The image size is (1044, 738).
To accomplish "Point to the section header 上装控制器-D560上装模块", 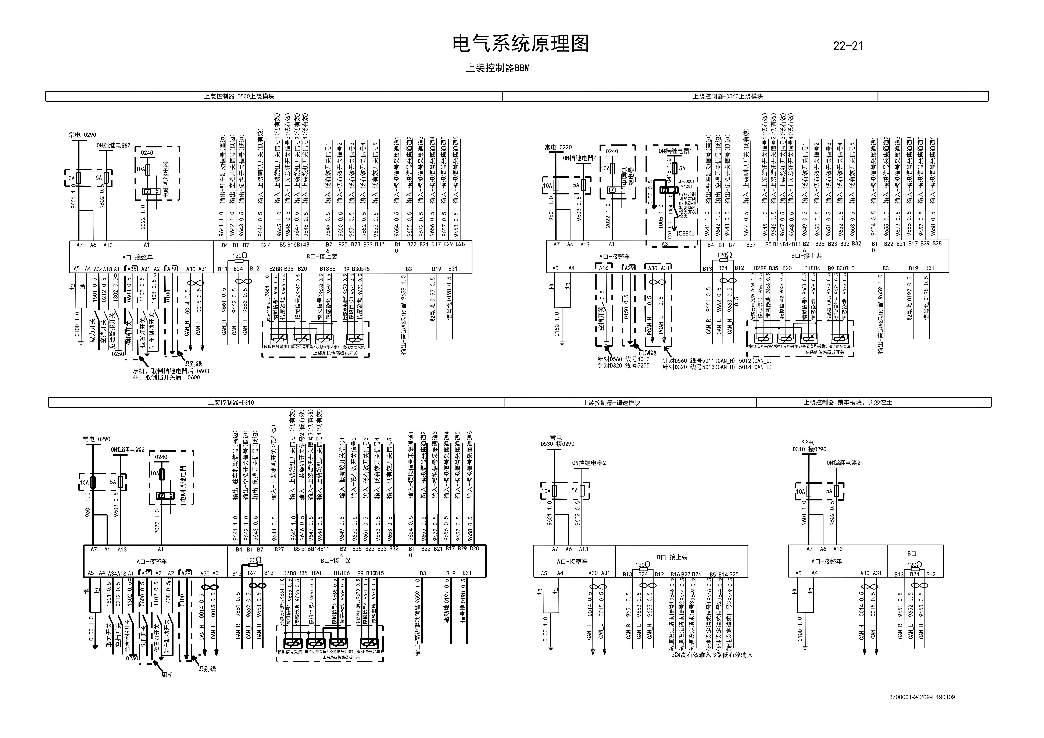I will [727, 96].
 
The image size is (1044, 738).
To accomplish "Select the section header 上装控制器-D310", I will [231, 402].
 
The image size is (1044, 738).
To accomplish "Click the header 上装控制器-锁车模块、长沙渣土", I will [848, 402].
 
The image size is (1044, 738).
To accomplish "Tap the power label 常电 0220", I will [558, 147].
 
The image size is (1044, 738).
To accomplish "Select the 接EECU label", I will [685, 233].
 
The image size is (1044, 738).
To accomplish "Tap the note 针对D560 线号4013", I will [623, 359].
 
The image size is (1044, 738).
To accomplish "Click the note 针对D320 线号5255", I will [623, 366].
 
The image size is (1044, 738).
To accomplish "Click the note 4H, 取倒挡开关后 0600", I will [166, 377].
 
